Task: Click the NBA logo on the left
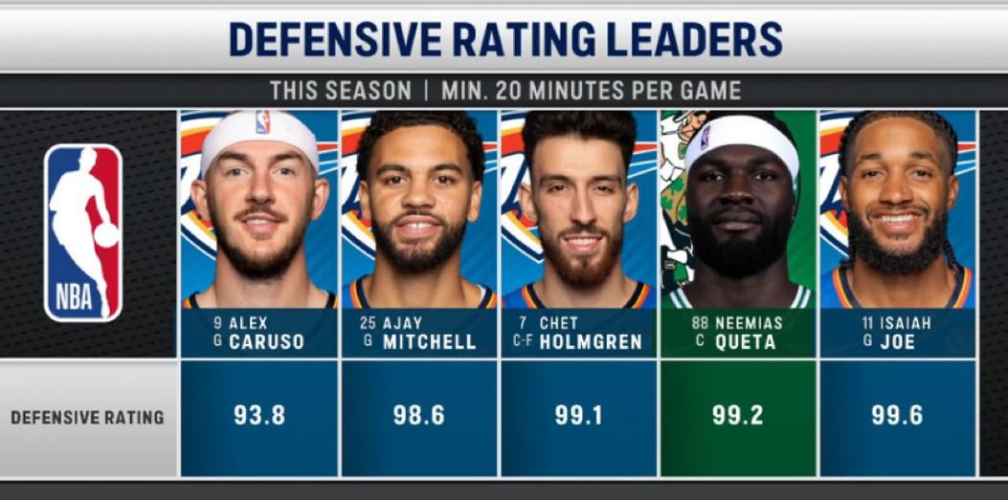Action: [x=83, y=232]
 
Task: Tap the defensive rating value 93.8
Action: [x=258, y=416]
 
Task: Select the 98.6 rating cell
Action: [x=418, y=416]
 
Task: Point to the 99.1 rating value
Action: [x=578, y=416]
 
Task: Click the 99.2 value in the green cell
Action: [x=737, y=416]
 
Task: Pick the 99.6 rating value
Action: [x=897, y=416]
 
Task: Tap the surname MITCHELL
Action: [x=429, y=342]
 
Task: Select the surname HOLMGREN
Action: [x=591, y=342]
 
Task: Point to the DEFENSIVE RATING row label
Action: [x=87, y=418]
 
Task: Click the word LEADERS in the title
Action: [x=692, y=39]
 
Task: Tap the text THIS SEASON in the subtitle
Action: [x=340, y=91]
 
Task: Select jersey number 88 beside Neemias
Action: [x=699, y=323]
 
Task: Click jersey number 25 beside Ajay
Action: [x=368, y=323]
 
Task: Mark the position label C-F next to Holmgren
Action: [x=523, y=341]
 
